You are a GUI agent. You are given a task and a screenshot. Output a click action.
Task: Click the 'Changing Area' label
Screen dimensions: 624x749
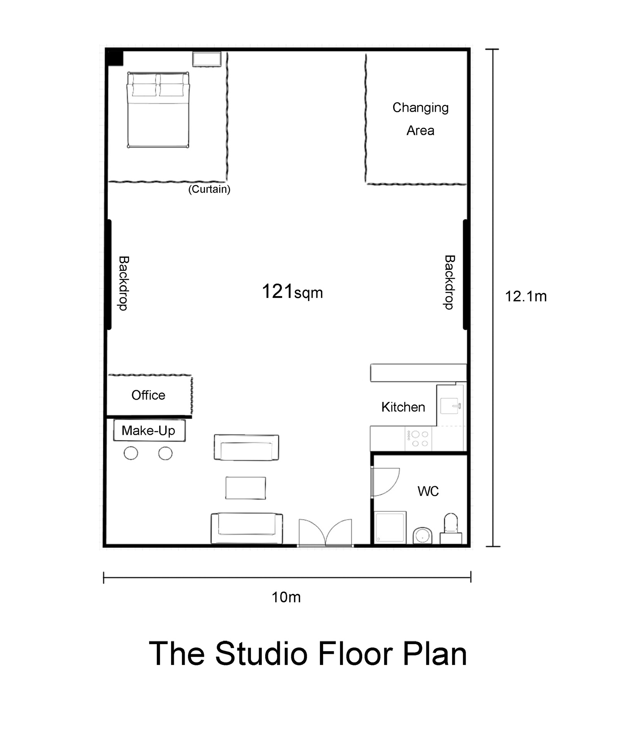[x=420, y=119]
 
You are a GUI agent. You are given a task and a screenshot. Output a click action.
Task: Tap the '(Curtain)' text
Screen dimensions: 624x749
[x=209, y=189]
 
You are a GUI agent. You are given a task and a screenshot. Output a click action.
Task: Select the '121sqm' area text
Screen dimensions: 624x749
[x=292, y=292]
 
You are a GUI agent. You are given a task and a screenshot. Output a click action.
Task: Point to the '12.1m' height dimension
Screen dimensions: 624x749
[x=526, y=296]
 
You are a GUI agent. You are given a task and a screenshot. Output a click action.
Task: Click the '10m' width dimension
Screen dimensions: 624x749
[x=286, y=597]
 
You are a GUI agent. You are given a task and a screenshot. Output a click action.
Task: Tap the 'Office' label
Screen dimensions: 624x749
[x=148, y=395]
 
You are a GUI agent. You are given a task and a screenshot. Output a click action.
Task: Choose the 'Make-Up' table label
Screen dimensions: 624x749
[x=148, y=430]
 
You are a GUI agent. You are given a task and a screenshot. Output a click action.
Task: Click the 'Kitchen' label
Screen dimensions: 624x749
[x=403, y=407]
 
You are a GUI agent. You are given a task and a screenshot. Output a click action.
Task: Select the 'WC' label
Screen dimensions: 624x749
[x=428, y=491]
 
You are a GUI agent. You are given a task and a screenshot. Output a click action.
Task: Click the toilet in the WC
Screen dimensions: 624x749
[x=451, y=528]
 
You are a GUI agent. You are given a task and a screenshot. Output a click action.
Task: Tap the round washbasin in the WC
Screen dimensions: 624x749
[x=422, y=535]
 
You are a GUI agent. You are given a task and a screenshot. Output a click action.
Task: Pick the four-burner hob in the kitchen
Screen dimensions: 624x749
[x=419, y=439]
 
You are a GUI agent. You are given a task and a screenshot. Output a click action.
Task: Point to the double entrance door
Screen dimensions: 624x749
[x=326, y=532]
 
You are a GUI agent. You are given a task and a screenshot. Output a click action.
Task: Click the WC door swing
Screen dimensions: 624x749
[x=386, y=482]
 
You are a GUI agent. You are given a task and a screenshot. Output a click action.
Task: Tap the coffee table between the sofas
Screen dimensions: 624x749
[x=246, y=488]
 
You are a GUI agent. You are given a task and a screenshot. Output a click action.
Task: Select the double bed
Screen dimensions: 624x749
[x=158, y=110]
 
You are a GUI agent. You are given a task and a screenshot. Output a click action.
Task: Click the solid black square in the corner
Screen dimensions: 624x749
[x=115, y=58]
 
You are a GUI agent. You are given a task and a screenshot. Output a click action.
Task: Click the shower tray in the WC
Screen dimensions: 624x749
[x=390, y=527]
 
